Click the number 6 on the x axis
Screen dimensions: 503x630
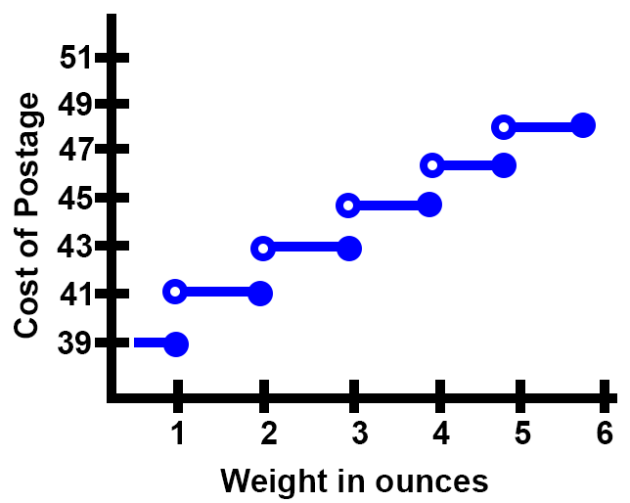click(x=605, y=432)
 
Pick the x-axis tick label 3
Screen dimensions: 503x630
click(x=356, y=432)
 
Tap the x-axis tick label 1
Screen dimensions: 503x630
click(x=178, y=432)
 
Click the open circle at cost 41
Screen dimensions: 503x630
click(x=175, y=291)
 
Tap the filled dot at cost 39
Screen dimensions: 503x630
click(x=176, y=343)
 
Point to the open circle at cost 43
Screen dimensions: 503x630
click(x=262, y=248)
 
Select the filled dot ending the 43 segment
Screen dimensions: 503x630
click(x=349, y=248)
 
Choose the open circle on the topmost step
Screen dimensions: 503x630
click(x=503, y=126)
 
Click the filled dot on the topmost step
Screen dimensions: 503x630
click(x=583, y=125)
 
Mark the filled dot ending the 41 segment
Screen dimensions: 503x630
click(x=260, y=292)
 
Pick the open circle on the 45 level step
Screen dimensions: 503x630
click(x=347, y=206)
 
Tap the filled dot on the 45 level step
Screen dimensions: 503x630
click(x=429, y=205)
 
